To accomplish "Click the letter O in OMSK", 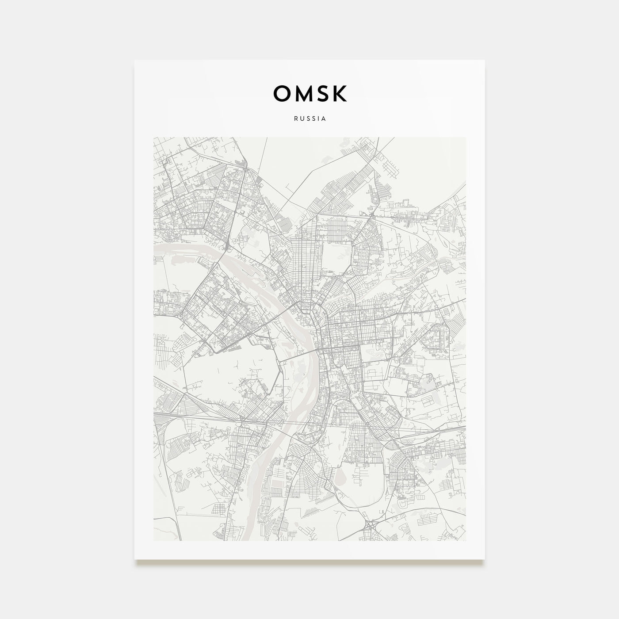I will coord(282,93).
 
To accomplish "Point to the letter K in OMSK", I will coord(339,93).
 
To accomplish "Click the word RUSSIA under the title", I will coord(309,119).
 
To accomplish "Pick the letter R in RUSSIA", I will coord(295,119).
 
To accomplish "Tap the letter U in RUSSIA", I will coord(301,119).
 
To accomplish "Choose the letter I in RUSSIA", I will coord(318,119).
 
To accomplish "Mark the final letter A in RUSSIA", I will coord(324,119).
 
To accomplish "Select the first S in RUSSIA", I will coord(307,119).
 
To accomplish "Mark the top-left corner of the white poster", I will coord(135,60).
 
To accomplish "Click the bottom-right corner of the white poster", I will coord(485,559).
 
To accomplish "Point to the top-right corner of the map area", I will coord(466,137).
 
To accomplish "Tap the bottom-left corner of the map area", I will coord(153,540).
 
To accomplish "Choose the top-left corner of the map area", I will coord(153,137).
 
